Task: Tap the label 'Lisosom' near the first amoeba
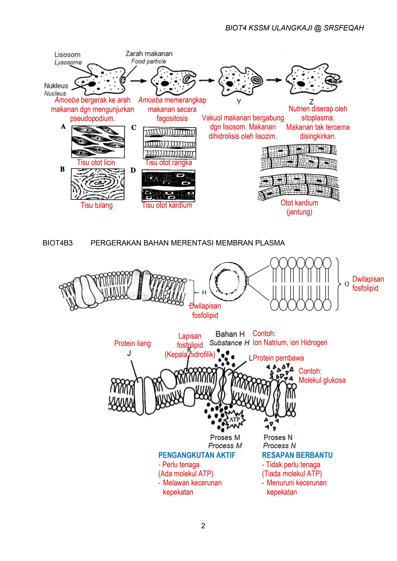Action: pos(67,55)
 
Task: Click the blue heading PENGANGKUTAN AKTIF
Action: pos(197,455)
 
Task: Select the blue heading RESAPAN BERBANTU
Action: pos(297,455)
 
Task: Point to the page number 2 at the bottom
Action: pos(203,526)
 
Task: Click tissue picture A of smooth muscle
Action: pos(98,142)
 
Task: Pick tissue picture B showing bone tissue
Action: pos(97,184)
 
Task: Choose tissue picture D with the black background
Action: pos(169,186)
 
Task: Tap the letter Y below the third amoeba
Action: pos(239,102)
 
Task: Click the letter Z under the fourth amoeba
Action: pos(311,102)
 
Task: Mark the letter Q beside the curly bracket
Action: pos(347,284)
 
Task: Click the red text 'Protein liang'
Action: pos(132,343)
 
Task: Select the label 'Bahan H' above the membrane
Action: pos(230,334)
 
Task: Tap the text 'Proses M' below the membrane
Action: pos(225,437)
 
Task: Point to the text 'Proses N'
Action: pos(278,437)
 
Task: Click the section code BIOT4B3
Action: pos(57,243)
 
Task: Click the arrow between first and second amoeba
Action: pos(138,81)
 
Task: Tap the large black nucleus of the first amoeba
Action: pos(92,84)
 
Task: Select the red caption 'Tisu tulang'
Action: pos(97,205)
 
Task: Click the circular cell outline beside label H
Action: pos(228,281)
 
